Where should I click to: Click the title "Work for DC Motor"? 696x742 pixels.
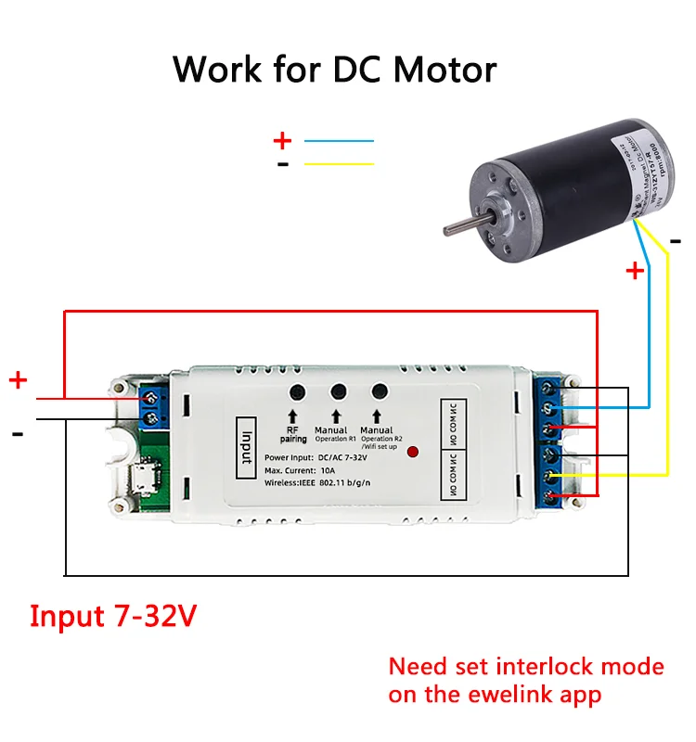click(334, 70)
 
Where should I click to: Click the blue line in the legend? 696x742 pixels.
click(339, 141)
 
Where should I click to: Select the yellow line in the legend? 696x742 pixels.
click(339, 164)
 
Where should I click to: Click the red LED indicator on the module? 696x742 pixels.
click(414, 453)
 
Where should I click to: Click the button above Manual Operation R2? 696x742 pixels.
click(379, 392)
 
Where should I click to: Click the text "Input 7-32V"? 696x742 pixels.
click(113, 616)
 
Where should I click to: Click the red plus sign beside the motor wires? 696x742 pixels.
click(635, 271)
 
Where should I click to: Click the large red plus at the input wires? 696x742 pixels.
click(19, 380)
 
